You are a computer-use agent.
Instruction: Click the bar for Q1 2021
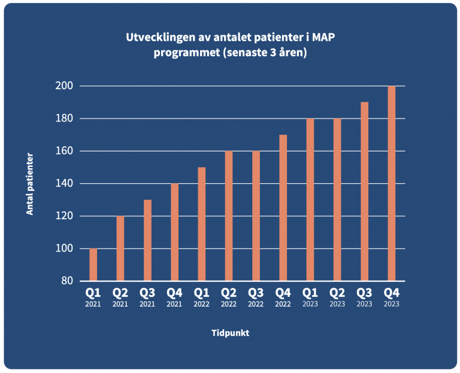[93, 265]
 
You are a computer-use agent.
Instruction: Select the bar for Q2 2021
[120, 248]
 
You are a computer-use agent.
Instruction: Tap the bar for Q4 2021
[174, 232]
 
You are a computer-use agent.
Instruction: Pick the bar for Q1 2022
[202, 224]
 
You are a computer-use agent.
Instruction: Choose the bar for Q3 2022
[256, 216]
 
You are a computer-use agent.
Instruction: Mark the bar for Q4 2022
[283, 208]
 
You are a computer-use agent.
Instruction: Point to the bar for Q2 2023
[337, 199]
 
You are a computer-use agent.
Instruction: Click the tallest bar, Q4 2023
[392, 183]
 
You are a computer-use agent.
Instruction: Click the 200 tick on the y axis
[65, 86]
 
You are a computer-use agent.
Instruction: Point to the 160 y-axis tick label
[65, 151]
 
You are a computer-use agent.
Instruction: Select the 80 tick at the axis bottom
[67, 281]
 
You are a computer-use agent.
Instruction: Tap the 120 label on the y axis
[65, 216]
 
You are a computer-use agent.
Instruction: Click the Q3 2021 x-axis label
[147, 297]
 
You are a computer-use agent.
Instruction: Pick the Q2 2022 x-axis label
[229, 297]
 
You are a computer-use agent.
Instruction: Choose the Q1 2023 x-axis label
[310, 297]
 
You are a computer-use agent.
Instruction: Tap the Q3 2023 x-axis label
[364, 297]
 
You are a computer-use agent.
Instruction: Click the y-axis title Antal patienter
[29, 184]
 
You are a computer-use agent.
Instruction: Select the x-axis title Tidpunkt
[230, 333]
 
